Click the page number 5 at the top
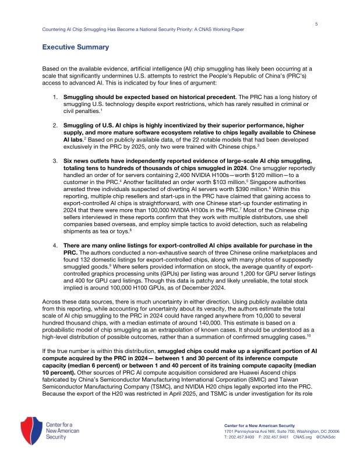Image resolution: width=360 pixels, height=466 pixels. click(x=316, y=24)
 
